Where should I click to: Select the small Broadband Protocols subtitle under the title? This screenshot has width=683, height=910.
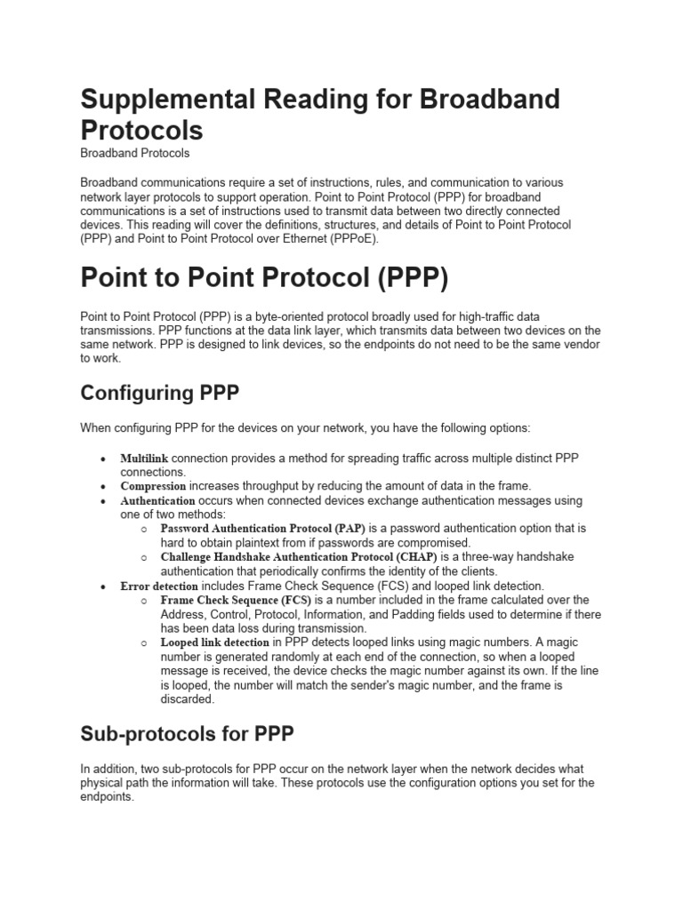click(x=134, y=153)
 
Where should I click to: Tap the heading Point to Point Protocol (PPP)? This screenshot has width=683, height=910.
click(x=264, y=277)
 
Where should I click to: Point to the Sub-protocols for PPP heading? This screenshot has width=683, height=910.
click(x=187, y=734)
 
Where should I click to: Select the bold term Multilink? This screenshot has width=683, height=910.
click(x=144, y=458)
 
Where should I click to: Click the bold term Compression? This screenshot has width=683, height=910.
click(x=153, y=486)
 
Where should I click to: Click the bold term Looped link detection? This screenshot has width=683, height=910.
click(x=214, y=643)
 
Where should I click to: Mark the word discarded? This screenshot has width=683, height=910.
click(x=188, y=699)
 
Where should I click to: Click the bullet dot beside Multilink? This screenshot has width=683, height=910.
click(x=103, y=459)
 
